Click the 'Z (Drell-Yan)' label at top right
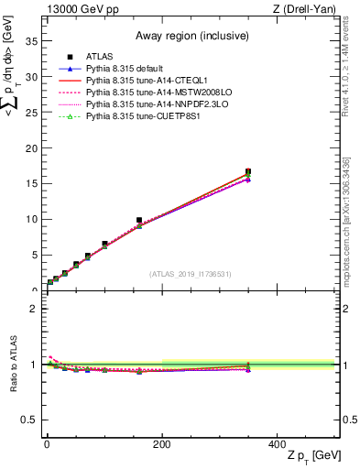pos(307,9)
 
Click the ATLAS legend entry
pos(100,57)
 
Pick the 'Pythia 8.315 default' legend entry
pos(131,69)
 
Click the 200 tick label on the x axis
pos(161,444)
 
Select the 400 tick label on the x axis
pos(277,444)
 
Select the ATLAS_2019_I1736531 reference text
pos(191,273)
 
